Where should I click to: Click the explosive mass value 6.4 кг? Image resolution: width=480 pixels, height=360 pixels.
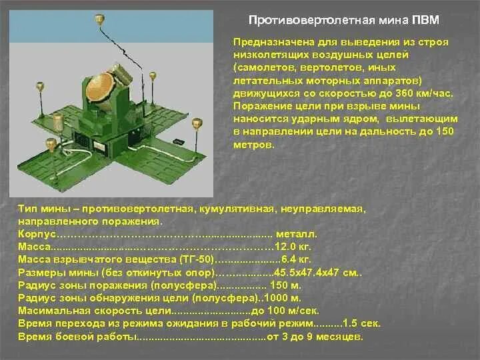(293, 259)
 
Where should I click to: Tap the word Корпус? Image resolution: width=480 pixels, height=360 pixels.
(36, 234)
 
